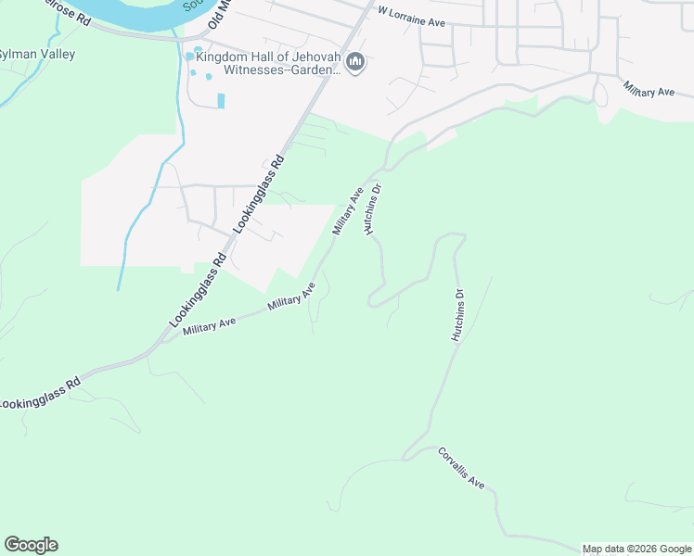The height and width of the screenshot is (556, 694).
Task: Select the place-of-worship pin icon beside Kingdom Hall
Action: pyautogui.click(x=354, y=62)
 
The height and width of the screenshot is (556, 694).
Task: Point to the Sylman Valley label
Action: pyautogui.click(x=37, y=54)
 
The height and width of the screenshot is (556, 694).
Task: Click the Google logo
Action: pyautogui.click(x=31, y=545)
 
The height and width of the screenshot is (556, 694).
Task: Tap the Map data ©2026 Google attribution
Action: pyautogui.click(x=637, y=549)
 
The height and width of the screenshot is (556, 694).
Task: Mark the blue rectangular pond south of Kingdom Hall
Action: pyautogui.click(x=221, y=100)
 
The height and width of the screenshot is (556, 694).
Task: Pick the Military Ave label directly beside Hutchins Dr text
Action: pyautogui.click(x=347, y=211)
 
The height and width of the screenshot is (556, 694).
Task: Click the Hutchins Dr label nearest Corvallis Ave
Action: pyautogui.click(x=457, y=316)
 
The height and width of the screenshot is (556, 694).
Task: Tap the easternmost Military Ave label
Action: pyautogui.click(x=649, y=89)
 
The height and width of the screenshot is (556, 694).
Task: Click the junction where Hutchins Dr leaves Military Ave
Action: pyautogui.click(x=379, y=172)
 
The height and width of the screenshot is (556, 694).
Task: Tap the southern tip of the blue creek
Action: pyautogui.click(x=118, y=289)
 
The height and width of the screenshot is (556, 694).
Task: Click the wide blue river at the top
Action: pyautogui.click(x=130, y=11)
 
